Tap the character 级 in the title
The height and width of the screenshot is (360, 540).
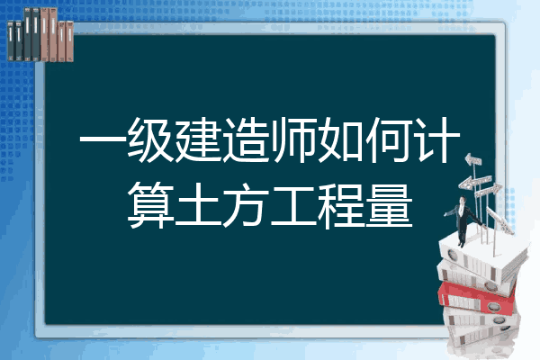[150, 139]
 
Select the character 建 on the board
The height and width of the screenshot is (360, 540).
[198, 139]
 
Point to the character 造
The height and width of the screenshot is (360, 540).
[247, 139]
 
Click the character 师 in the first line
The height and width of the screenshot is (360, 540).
[293, 139]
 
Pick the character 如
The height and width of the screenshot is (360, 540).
[342, 139]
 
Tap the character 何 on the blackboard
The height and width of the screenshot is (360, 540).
[390, 139]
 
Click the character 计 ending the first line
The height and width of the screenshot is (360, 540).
[437, 139]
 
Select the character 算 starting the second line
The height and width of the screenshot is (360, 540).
[150, 206]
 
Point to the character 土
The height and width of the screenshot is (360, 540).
[198, 206]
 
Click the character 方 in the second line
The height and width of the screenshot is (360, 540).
[247, 206]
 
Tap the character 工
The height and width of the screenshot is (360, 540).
[293, 206]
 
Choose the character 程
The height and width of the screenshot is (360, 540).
[342, 206]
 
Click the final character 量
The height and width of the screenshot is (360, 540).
[390, 206]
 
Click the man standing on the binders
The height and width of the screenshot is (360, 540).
[463, 220]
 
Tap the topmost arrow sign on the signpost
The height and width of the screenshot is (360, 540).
[473, 159]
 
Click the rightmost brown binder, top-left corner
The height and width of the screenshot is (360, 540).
[67, 22]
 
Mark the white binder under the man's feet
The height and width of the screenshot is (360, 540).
[482, 254]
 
